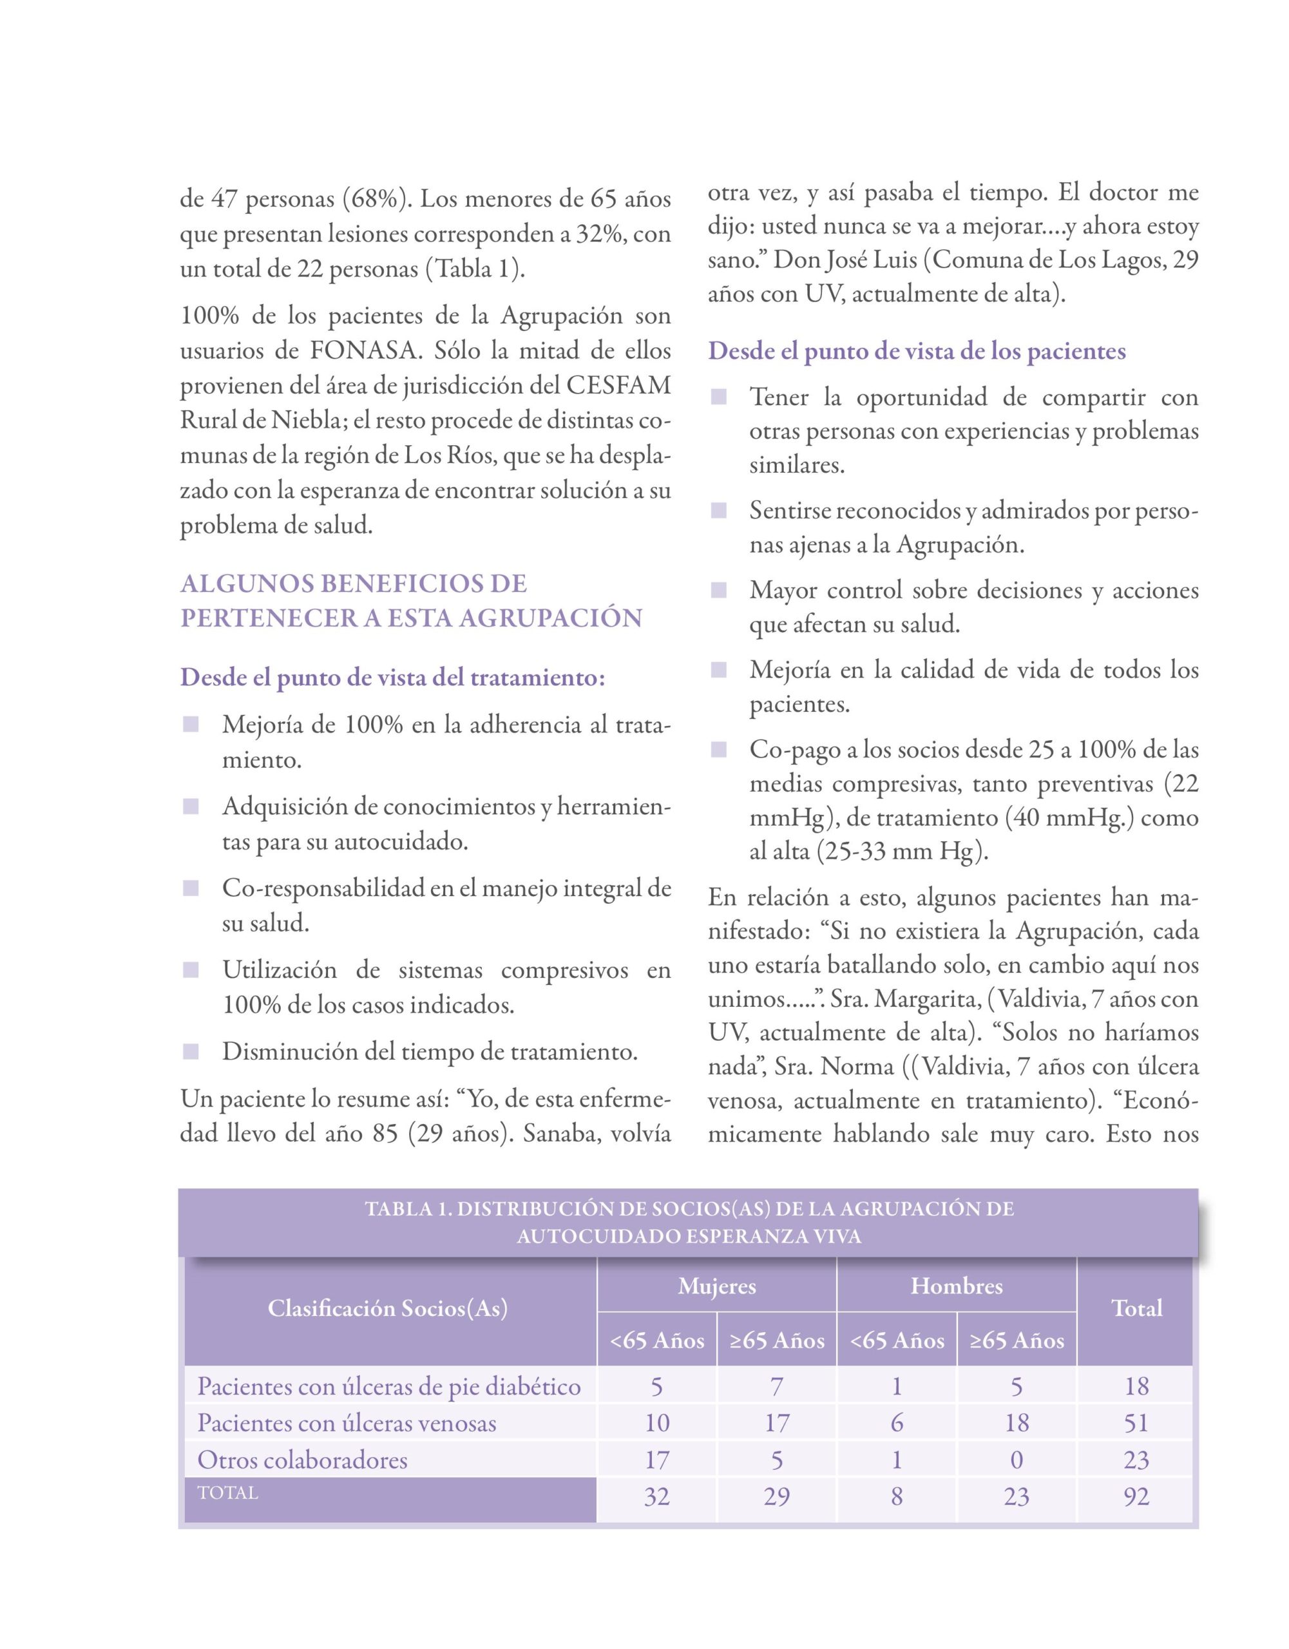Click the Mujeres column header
(716, 1286)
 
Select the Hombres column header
(956, 1286)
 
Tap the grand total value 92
(1136, 1496)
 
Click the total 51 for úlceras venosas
(1136, 1422)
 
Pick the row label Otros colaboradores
(302, 1460)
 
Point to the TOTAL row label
(227, 1492)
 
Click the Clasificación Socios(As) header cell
(387, 1308)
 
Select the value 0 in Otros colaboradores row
(1017, 1460)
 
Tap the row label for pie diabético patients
(389, 1386)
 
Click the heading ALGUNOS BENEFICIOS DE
(354, 584)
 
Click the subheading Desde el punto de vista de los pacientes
(917, 351)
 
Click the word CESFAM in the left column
(618, 386)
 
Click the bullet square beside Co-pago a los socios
(718, 750)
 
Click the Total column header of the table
(1136, 1308)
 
